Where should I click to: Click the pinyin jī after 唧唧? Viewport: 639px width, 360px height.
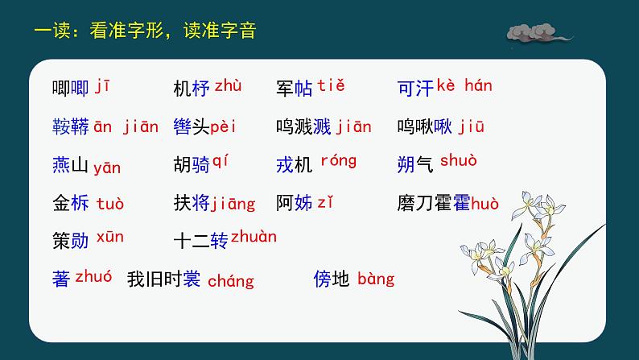pyautogui.click(x=103, y=85)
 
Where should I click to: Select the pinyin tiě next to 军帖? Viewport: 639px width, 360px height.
pyautogui.click(x=331, y=85)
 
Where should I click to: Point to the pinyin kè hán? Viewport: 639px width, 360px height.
pyautogui.click(x=466, y=85)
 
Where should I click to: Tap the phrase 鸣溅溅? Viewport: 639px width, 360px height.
pyautogui.click(x=303, y=126)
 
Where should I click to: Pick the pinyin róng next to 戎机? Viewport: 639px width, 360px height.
pyautogui.click(x=338, y=161)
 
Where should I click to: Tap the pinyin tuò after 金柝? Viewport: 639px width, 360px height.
pyautogui.click(x=110, y=204)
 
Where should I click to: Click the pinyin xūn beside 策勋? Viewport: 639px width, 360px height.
pyautogui.click(x=110, y=237)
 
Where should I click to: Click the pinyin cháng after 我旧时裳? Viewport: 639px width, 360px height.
pyautogui.click(x=230, y=281)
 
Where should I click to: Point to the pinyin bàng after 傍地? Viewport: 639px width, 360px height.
pyautogui.click(x=376, y=279)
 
